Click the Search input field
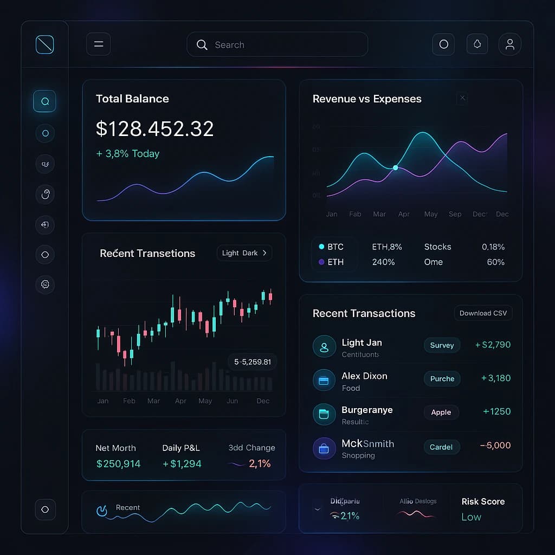(277, 44)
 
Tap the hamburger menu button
(98, 44)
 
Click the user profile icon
(509, 44)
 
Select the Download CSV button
(483, 313)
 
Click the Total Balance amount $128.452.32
(154, 129)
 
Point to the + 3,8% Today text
(128, 154)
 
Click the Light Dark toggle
(244, 253)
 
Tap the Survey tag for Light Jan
(442, 345)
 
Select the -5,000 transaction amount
(495, 446)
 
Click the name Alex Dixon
(364, 376)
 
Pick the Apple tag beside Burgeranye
(441, 412)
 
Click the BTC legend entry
(331, 247)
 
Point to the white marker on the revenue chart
(395, 168)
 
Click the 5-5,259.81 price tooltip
(253, 362)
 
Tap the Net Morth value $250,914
(118, 464)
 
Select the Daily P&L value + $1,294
(182, 464)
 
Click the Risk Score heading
(483, 502)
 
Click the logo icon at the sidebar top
(44, 44)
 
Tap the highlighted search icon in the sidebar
(44, 101)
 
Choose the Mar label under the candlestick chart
(153, 401)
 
